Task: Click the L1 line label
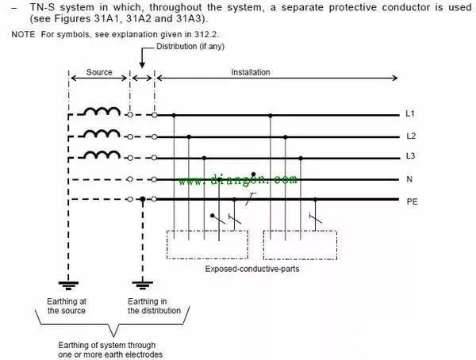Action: pyautogui.click(x=410, y=114)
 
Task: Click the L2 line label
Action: pyautogui.click(x=410, y=136)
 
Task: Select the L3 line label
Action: pyautogui.click(x=410, y=157)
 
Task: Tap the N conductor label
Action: pyautogui.click(x=409, y=179)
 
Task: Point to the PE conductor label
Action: pyautogui.click(x=412, y=201)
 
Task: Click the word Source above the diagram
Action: pyautogui.click(x=99, y=72)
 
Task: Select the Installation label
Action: pyautogui.click(x=251, y=72)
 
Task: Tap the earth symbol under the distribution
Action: pyautogui.click(x=142, y=281)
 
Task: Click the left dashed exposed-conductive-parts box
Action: pyautogui.click(x=207, y=244)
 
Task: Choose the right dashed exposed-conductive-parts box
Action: pyautogui.click(x=301, y=244)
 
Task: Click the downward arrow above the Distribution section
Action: pyautogui.click(x=142, y=62)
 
